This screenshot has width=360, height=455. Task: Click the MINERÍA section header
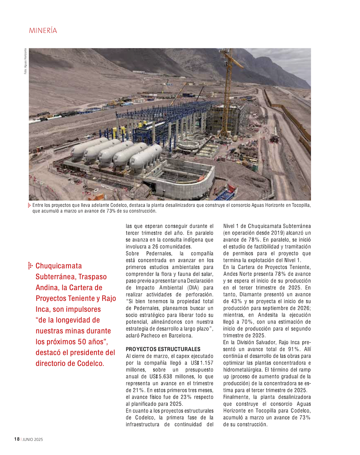pos(43,31)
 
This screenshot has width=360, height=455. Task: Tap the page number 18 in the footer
pos(16,439)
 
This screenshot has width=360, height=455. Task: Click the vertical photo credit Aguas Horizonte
pos(25,61)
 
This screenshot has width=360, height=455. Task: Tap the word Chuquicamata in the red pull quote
pos(58,266)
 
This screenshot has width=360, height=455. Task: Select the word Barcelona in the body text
pos(180,336)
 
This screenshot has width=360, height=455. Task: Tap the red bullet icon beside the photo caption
pos(30,205)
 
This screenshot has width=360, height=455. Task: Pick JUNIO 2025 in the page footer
pos(32,439)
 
